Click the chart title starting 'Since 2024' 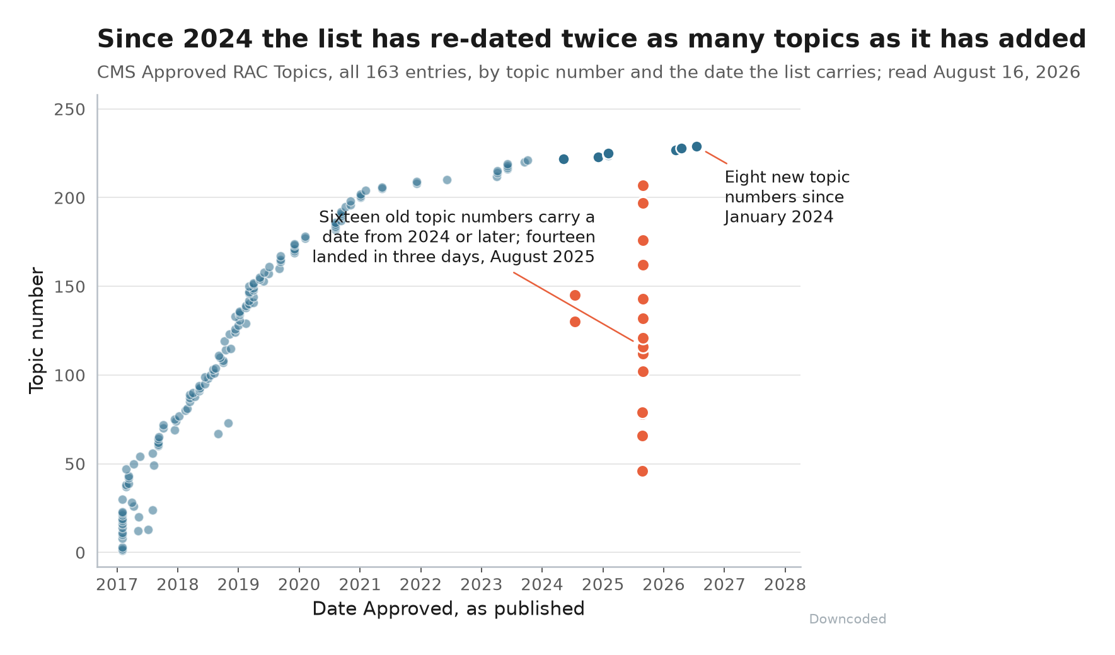[x=591, y=39]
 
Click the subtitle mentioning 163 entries [x=588, y=72]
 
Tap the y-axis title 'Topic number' [x=37, y=330]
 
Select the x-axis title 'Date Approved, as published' [x=448, y=609]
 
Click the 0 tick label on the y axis [x=81, y=553]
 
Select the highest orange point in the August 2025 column [x=643, y=185]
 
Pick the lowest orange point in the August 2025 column [x=642, y=471]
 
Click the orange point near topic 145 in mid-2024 [x=575, y=295]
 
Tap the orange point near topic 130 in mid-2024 [x=575, y=322]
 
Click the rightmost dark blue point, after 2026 [x=696, y=146]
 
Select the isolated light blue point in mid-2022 [x=447, y=180]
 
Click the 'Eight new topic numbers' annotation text [x=787, y=197]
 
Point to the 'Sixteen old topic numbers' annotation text [x=454, y=237]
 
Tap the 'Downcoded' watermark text [x=847, y=619]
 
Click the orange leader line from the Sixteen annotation [x=574, y=307]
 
